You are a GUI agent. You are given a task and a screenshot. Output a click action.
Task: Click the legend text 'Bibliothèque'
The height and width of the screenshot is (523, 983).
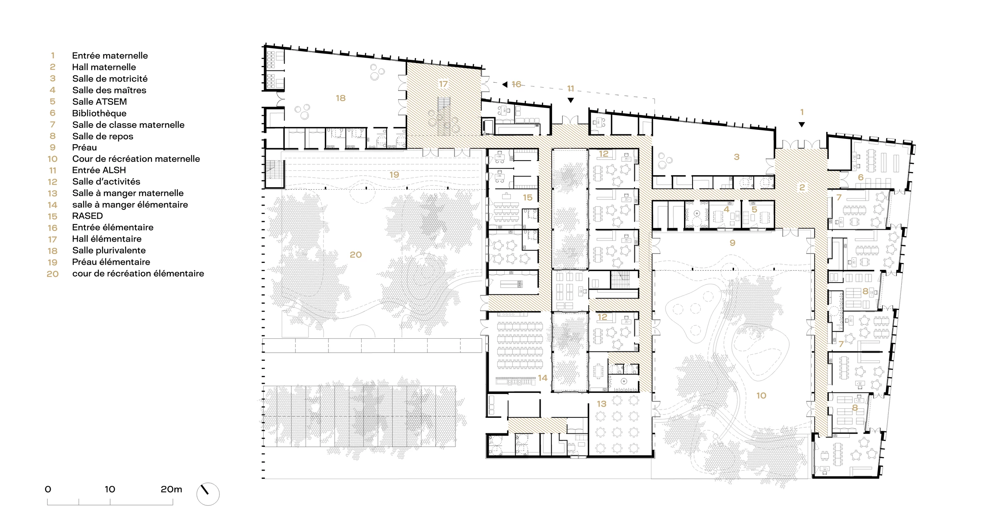pyautogui.click(x=99, y=113)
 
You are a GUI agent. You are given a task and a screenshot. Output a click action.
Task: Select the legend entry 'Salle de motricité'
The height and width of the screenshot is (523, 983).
pyautogui.click(x=110, y=79)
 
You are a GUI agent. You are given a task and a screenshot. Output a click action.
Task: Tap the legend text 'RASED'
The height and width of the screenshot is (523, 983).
pyautogui.click(x=87, y=216)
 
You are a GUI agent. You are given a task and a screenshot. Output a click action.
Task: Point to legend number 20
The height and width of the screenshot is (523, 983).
pyautogui.click(x=52, y=274)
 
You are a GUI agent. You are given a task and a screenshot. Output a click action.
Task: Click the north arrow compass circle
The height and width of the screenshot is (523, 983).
pyautogui.click(x=208, y=494)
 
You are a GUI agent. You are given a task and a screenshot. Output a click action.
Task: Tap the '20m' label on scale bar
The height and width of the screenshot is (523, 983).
pyautogui.click(x=171, y=489)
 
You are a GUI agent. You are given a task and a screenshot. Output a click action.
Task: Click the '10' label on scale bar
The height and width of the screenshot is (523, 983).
pyautogui.click(x=110, y=489)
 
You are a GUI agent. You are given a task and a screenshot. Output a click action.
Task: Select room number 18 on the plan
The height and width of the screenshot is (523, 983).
pyautogui.click(x=340, y=98)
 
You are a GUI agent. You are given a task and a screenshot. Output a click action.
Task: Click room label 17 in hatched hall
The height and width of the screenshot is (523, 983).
pyautogui.click(x=443, y=84)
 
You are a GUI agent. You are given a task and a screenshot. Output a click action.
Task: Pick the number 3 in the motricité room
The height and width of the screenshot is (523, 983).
pyautogui.click(x=736, y=156)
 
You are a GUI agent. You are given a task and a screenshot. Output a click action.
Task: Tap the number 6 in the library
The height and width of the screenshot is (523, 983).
pyautogui.click(x=861, y=177)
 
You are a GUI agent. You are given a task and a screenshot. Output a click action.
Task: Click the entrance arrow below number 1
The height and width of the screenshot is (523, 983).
pyautogui.click(x=802, y=125)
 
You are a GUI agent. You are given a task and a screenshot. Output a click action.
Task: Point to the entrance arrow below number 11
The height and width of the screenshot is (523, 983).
pyautogui.click(x=571, y=100)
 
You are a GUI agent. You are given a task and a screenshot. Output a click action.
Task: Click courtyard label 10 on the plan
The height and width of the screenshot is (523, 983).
pyautogui.click(x=761, y=395)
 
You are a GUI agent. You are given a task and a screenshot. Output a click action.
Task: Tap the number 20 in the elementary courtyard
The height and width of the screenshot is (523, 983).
pyautogui.click(x=356, y=254)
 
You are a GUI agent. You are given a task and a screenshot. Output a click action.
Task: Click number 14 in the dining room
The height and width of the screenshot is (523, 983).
pyautogui.click(x=542, y=378)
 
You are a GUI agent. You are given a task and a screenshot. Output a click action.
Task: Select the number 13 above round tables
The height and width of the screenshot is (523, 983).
pyautogui.click(x=601, y=404)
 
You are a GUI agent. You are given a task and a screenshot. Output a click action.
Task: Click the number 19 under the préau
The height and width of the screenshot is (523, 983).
pyautogui.click(x=394, y=174)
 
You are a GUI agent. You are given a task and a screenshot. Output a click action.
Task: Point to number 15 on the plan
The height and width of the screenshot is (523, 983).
pyautogui.click(x=528, y=197)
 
